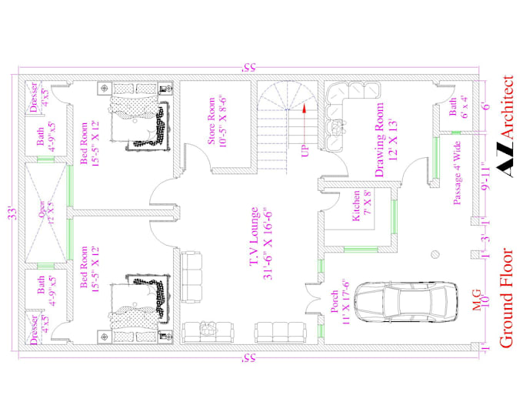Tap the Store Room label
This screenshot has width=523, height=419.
(215, 124)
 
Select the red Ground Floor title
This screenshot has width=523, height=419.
(508, 297)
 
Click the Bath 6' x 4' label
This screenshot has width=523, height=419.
(458, 106)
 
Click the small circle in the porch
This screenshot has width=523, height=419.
(435, 252)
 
